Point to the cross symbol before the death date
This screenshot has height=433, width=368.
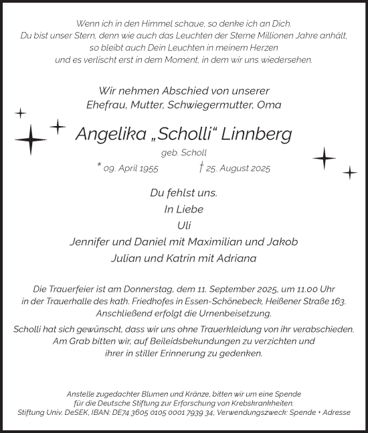201,168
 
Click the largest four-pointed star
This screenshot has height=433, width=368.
30,139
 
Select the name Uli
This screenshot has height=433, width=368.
183,225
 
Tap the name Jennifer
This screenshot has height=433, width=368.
93,241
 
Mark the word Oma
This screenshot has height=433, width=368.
271,105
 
